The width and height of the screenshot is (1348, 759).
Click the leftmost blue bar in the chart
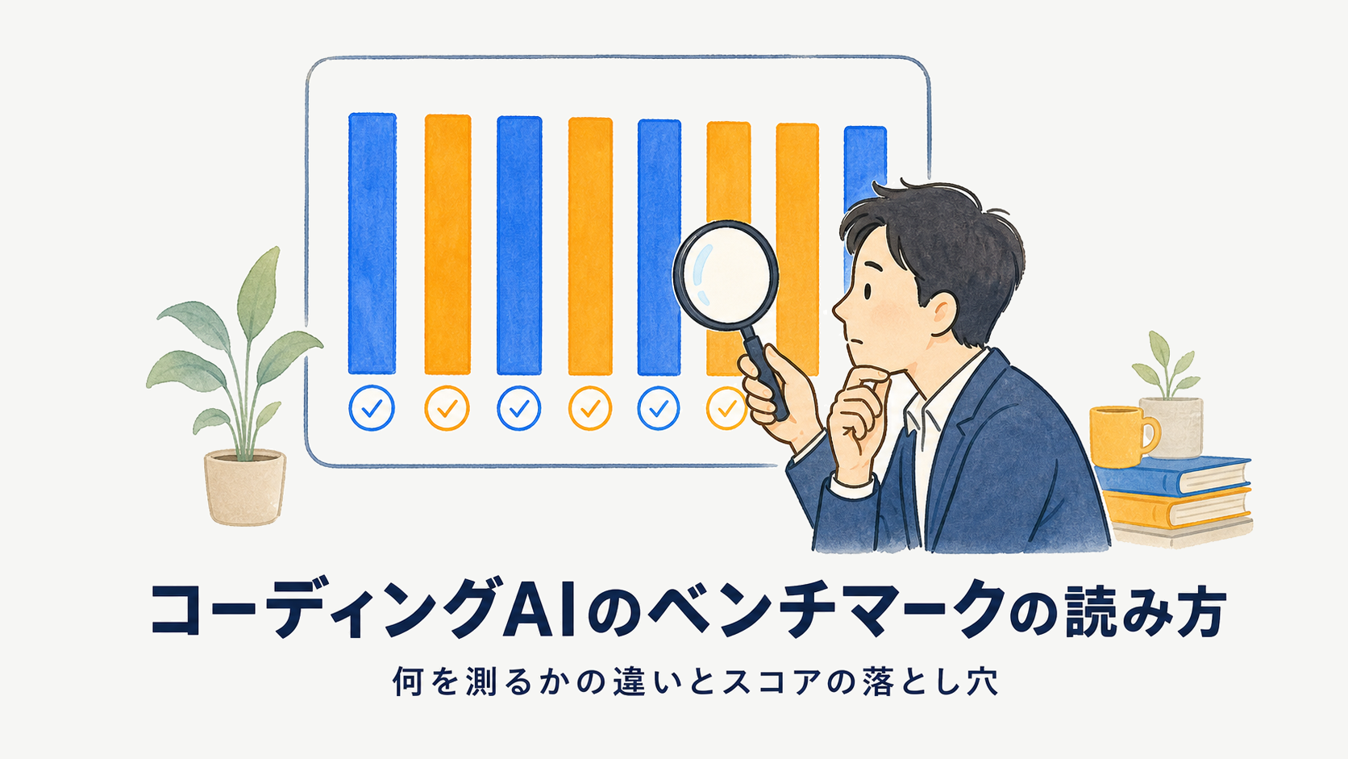pos(372,243)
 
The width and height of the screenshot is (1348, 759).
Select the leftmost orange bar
pos(447,244)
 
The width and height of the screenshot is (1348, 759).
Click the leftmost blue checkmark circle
pos(372,408)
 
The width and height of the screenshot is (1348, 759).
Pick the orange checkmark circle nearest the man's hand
pos(726,409)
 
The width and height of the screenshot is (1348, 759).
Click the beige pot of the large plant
pos(245,487)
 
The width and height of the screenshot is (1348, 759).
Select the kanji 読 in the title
pos(1095,609)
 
